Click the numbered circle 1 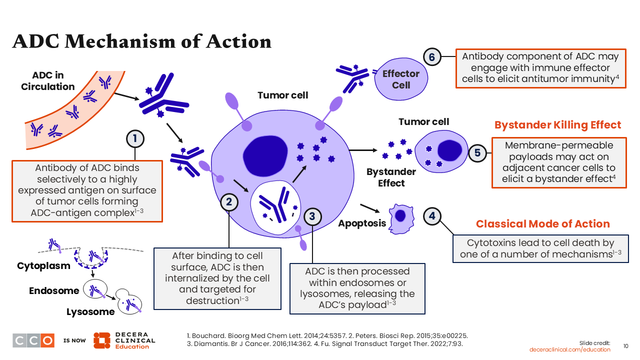point(135,138)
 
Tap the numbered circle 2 point(229,202)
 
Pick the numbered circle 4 point(432,216)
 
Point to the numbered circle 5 point(477,152)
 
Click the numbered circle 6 point(432,57)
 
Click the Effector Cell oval point(400,79)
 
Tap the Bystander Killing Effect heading point(557,125)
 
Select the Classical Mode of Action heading point(542,224)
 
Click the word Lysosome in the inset point(90,312)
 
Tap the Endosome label point(54,290)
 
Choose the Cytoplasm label point(43,265)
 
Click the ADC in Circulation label point(47,81)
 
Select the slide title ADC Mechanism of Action point(141,41)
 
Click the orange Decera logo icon point(101,340)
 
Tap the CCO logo point(33,340)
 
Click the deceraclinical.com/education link point(570,349)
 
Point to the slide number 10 point(625,346)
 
